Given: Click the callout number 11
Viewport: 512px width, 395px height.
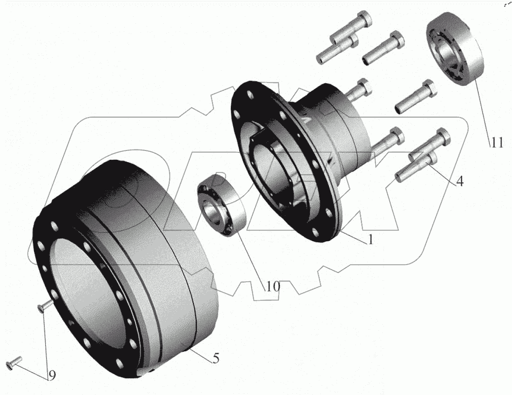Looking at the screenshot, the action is coord(497,143).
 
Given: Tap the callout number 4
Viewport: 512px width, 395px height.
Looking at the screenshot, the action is coord(459,181).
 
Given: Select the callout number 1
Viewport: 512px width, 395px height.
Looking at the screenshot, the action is coord(371,239).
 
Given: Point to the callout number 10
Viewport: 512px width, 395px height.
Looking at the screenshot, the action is coord(273,286).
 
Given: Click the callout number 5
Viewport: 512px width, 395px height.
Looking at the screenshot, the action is coord(216,358).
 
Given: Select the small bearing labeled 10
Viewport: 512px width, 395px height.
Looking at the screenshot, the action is coord(222,205).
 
